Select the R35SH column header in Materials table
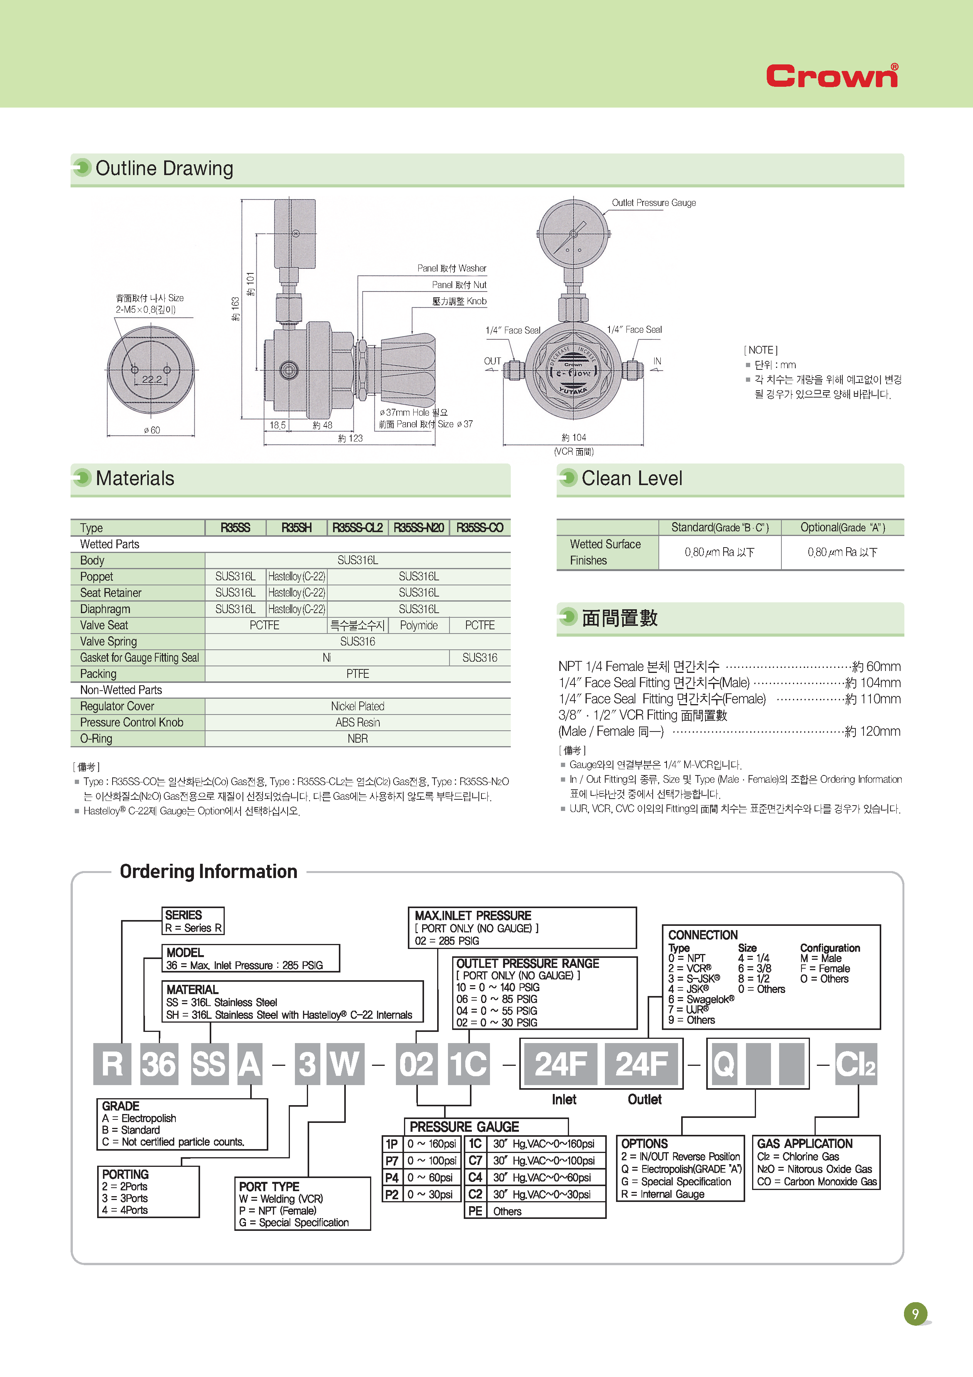click(297, 528)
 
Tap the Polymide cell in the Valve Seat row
click(418, 625)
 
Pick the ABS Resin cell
click(357, 723)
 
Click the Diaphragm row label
click(105, 609)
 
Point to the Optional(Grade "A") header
click(842, 528)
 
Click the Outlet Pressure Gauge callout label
click(653, 203)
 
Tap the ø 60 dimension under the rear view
click(152, 430)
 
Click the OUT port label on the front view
click(492, 361)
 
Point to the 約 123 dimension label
click(350, 438)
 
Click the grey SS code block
click(209, 1064)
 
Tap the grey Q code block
click(724, 1064)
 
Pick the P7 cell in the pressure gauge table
click(392, 1161)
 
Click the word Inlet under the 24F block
click(564, 1099)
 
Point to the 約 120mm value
click(872, 731)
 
